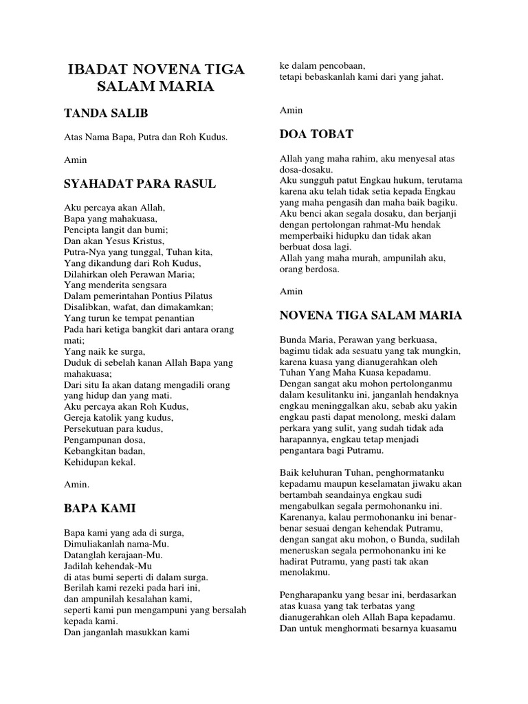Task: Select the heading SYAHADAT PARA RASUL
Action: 140,184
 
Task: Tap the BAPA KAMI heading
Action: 100,509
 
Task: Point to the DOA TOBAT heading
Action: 316,134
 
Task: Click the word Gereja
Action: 79,417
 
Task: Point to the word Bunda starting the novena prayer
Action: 294,340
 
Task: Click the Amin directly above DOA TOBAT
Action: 291,110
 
